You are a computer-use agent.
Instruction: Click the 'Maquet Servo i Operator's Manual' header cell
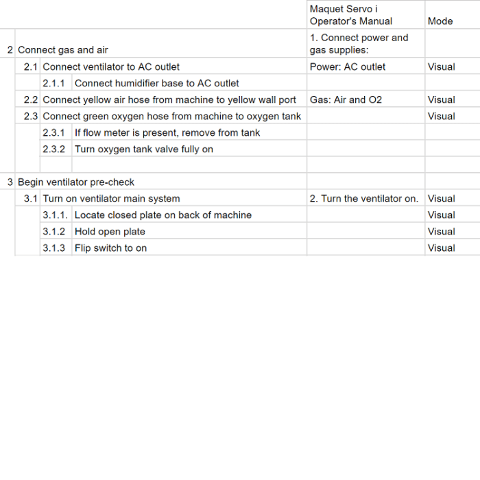coord(351,15)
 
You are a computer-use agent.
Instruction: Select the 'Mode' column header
coord(440,21)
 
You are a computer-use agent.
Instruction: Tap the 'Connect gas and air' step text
coord(63,50)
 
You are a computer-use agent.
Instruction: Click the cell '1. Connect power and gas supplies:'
coord(359,44)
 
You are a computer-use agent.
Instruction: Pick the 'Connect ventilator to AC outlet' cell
coord(111,67)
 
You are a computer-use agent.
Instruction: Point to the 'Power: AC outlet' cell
coord(348,67)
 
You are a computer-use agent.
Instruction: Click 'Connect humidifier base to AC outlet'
coord(156,84)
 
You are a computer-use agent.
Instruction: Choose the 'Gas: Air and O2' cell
coord(346,100)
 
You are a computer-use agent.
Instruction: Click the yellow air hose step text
coord(169,100)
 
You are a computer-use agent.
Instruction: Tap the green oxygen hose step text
coord(171,117)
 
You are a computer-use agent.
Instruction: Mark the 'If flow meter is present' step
coord(167,133)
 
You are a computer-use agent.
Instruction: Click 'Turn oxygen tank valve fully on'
coord(143,149)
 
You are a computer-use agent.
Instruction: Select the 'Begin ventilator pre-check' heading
coord(76,182)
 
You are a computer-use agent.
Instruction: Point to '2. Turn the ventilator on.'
coord(363,199)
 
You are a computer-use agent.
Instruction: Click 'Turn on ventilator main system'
coord(111,199)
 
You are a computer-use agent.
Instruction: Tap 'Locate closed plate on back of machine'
coord(163,215)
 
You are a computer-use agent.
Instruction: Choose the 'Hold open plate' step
coord(110,232)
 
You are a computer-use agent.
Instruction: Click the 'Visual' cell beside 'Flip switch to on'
coord(441,248)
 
